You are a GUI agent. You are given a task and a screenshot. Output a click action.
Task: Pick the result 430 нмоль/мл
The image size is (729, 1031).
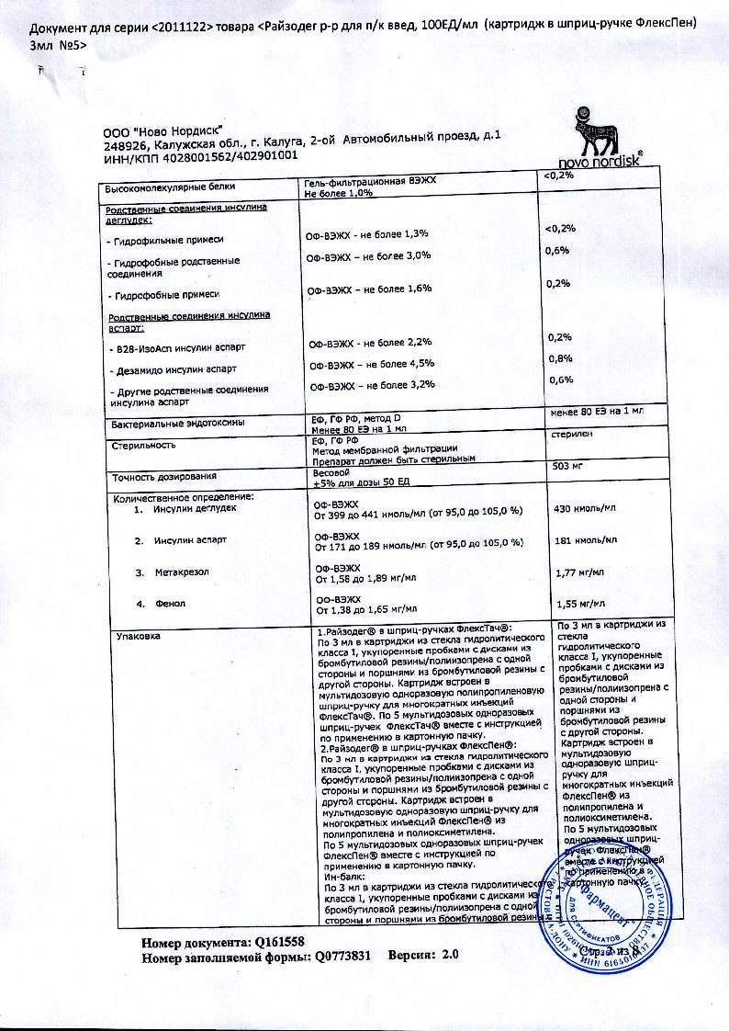coord(585,508)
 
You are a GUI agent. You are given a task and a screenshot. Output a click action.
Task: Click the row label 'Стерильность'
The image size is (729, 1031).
coord(143,445)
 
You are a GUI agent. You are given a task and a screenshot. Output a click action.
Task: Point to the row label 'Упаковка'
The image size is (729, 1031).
coord(134,635)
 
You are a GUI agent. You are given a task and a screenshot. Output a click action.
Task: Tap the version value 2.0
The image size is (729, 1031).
coord(450,956)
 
